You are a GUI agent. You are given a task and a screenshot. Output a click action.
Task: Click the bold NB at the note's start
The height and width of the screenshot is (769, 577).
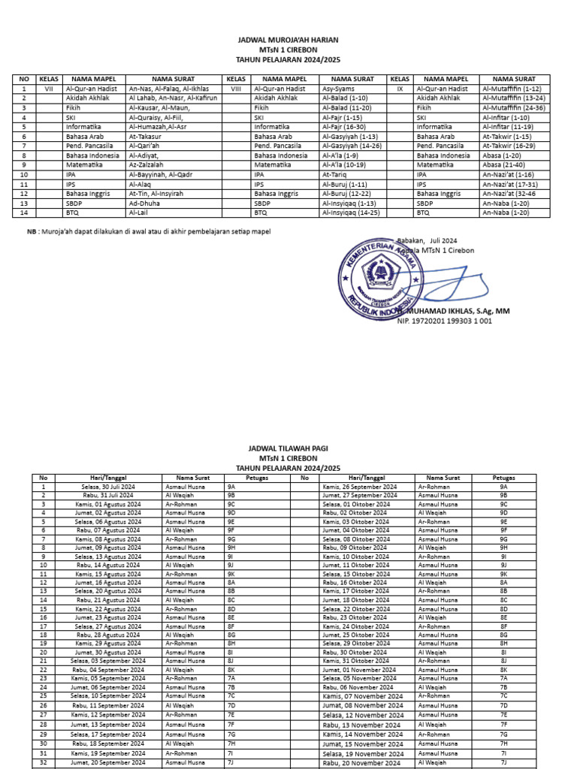32,232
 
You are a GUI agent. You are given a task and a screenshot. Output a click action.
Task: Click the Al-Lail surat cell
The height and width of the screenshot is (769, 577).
140,213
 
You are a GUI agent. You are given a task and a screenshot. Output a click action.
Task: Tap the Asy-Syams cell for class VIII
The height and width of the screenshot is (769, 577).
338,89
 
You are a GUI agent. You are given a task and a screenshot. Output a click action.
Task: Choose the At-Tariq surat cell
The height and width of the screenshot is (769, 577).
335,174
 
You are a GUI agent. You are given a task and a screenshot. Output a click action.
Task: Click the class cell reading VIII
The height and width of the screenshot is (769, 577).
235,89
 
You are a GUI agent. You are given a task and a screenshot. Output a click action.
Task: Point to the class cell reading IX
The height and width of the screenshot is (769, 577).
400,89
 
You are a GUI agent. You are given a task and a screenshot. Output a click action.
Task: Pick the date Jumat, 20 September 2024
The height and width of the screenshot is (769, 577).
107,763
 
